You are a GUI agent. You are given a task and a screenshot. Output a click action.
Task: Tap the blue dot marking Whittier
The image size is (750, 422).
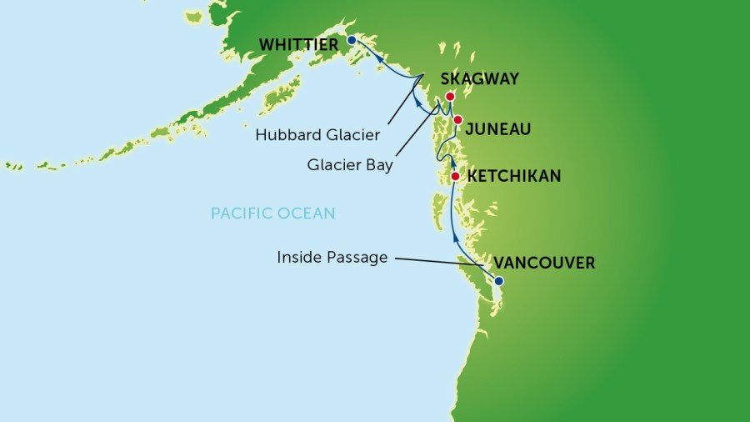pos(352,40)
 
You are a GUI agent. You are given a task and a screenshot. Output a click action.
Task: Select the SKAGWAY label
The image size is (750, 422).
pos(479,79)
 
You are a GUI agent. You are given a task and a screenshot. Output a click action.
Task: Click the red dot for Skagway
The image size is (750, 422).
pos(450,97)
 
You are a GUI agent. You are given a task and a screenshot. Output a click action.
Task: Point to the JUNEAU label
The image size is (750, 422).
pos(497,129)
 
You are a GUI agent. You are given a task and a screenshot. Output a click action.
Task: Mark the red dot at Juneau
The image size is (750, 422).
pos(457,120)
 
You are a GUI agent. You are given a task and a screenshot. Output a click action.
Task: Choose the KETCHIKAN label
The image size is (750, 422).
pos(514,177)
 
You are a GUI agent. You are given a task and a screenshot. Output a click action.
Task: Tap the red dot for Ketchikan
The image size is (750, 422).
pos(455,176)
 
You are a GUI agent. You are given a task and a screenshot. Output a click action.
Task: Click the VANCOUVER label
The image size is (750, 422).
pos(544,264)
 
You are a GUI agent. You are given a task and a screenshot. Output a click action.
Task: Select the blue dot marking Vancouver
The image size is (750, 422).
pos(499,281)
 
